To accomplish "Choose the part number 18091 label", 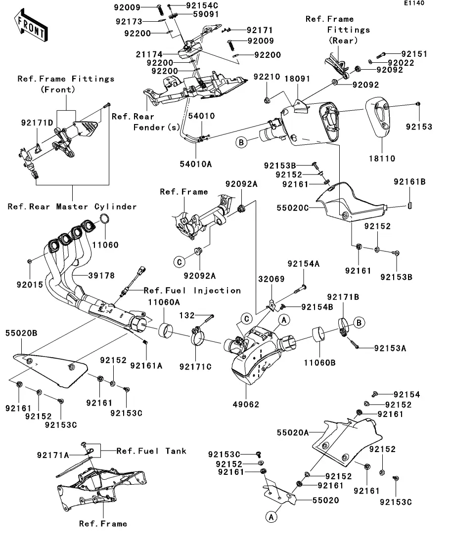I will (x=297, y=78).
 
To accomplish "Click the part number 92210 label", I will (x=267, y=77).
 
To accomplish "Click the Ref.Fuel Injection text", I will (x=192, y=291).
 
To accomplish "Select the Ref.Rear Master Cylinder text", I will (x=72, y=207).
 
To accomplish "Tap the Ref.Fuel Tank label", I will (x=151, y=451).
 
